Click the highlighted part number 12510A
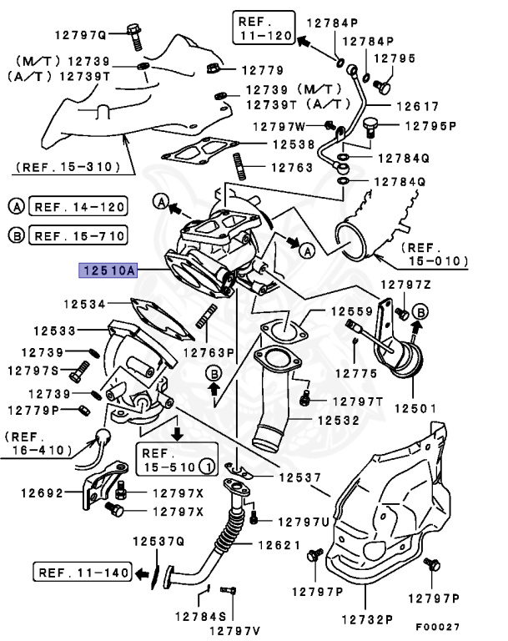coord(107,270)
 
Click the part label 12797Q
coord(82,35)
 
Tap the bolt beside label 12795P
coord(372,126)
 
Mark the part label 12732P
coord(366,619)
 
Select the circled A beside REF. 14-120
coord(17,206)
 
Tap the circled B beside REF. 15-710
coord(17,235)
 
